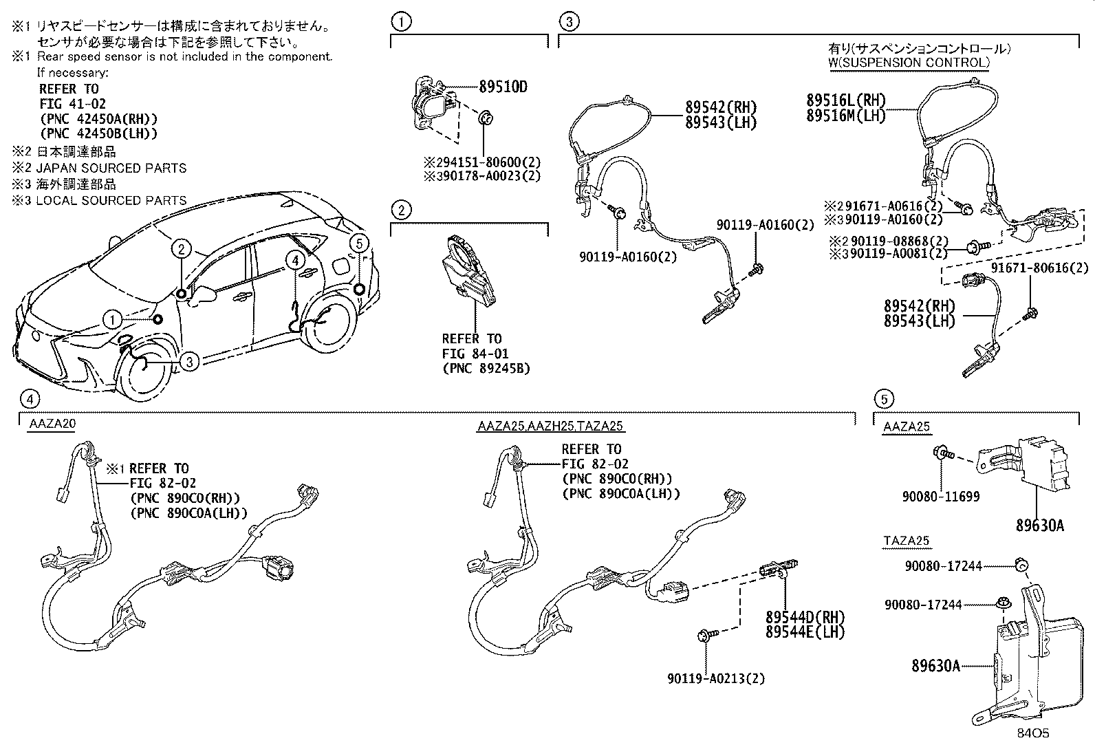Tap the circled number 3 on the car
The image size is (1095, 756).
pos(191,360)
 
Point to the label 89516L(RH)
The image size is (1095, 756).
pos(845,100)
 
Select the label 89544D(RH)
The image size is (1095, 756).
pos(805,616)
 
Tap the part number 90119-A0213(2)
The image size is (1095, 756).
pos(715,678)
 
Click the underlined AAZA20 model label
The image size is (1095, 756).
pos(52,424)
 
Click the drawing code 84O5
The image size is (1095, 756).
pos(1034,733)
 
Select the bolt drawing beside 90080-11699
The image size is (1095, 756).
pos(942,453)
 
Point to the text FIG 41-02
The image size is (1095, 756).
pos(72,104)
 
